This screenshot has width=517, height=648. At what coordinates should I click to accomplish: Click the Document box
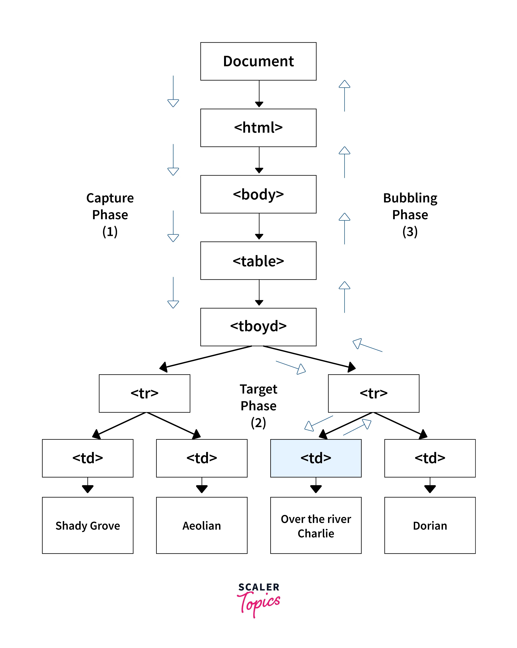coord(258,61)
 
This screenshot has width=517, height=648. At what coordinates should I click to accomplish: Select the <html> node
coord(258,128)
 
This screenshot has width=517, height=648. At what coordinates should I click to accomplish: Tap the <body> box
coord(258,194)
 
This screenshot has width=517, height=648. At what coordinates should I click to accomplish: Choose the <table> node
coord(258,261)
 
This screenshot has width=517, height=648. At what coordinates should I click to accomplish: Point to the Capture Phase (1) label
coord(110,215)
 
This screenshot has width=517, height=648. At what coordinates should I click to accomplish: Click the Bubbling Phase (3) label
coord(410,215)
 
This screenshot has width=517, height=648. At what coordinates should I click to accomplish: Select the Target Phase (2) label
coord(258,406)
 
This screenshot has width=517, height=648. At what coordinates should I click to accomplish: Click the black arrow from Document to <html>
coord(259,94)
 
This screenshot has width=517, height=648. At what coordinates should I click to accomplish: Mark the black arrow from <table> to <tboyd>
coord(259,293)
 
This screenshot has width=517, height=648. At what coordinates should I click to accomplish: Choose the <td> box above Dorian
coord(430,458)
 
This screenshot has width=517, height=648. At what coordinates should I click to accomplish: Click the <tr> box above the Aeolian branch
coord(145,393)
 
